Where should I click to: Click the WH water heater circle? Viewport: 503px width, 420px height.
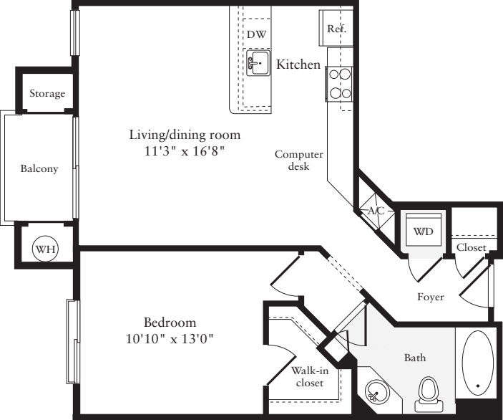point(46,249)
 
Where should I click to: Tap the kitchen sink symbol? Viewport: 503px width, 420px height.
point(258,62)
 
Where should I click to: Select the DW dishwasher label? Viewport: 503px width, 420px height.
point(256,34)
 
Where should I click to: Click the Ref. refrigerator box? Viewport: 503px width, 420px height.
point(336,29)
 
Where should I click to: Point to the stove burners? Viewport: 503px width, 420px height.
point(340,83)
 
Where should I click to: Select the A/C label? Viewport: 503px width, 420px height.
point(376,211)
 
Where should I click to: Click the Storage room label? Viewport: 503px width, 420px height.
point(47,93)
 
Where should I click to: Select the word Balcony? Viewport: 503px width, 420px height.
point(39,169)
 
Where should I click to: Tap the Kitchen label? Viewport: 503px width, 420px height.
point(298,65)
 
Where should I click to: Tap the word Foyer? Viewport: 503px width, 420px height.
point(430,297)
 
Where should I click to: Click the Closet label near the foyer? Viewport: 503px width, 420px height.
point(471,247)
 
